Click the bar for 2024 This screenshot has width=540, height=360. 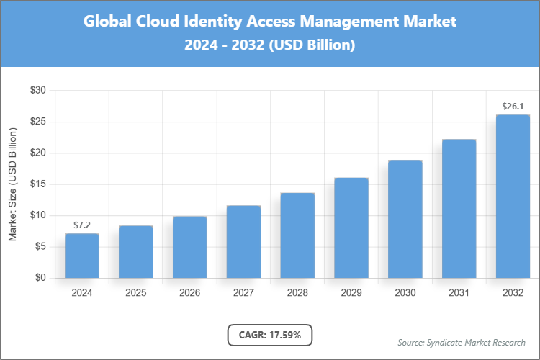point(81,256)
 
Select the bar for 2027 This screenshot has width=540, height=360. point(243,242)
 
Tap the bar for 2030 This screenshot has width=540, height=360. point(405,219)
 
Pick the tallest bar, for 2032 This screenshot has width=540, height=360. point(513,196)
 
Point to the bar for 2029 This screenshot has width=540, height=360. point(351,228)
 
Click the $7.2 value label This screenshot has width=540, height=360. point(81,225)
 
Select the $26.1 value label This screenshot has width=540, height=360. point(513,107)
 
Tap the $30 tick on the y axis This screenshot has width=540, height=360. point(37,91)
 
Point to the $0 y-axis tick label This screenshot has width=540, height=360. point(40,278)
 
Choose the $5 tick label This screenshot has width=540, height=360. point(40,247)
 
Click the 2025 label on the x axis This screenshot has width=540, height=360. point(135,293)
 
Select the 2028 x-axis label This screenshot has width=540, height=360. point(297,293)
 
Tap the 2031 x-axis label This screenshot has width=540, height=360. point(459,293)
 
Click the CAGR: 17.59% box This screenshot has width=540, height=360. point(270,335)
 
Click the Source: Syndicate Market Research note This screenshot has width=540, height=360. point(461,342)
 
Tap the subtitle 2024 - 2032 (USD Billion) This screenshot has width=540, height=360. point(270,45)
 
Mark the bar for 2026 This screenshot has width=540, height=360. point(189,247)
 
